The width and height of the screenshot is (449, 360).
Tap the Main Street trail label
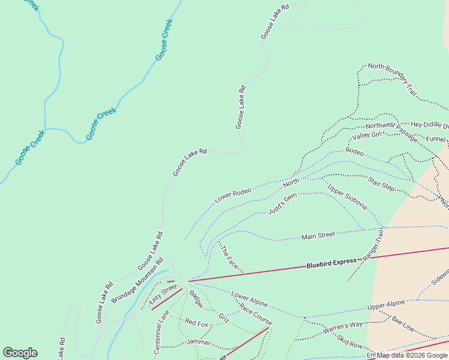pyautogui.click(x=318, y=236)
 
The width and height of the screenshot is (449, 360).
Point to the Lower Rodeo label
pyautogui.click(x=233, y=195)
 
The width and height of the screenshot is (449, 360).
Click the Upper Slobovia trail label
pyautogui.click(x=347, y=197)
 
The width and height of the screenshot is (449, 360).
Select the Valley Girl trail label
pyautogui.click(x=367, y=137)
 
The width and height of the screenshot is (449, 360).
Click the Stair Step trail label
pyautogui.click(x=381, y=182)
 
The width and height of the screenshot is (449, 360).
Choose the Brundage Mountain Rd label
pyautogui.click(x=137, y=280)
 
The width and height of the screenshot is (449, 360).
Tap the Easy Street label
pyautogui.click(x=163, y=294)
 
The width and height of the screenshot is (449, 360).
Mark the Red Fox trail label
pyautogui.click(x=196, y=323)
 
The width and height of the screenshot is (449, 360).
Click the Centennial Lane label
pyautogui.click(x=161, y=331)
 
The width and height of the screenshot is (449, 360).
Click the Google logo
pyautogui.click(x=20, y=353)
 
